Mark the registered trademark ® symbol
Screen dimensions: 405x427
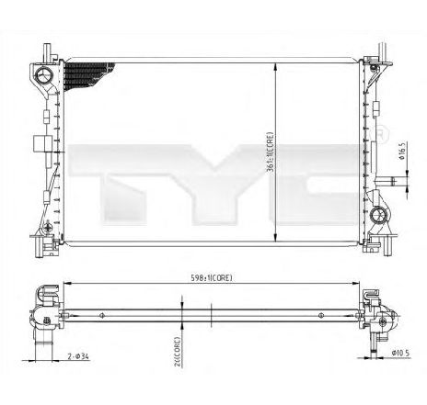379,135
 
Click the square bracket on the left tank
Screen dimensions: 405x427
38,144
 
